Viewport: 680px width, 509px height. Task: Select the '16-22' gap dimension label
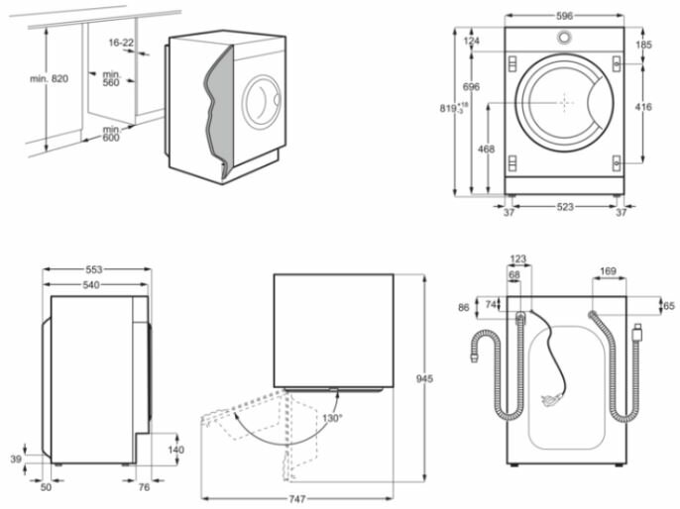[122, 44]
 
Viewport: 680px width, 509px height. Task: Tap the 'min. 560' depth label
[111, 77]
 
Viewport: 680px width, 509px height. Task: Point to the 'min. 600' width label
[110, 133]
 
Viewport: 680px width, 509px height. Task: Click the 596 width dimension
[564, 16]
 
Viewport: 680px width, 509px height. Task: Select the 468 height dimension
[486, 149]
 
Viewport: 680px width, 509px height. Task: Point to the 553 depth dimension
[93, 268]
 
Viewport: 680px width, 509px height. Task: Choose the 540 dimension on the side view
[93, 284]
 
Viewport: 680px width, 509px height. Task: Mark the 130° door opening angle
[331, 419]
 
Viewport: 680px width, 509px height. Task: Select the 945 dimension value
[425, 379]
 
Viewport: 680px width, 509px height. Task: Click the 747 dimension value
[296, 499]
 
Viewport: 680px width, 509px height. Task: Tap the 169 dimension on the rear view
[608, 270]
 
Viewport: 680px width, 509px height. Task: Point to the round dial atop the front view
[564, 38]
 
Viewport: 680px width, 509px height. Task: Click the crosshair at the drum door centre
[564, 102]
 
